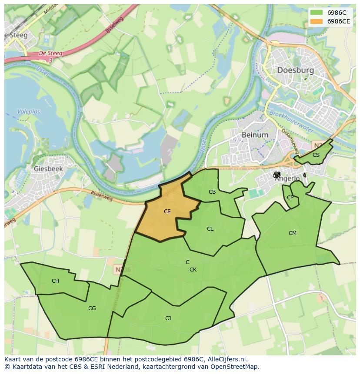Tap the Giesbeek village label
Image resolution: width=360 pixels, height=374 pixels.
pos(48,169)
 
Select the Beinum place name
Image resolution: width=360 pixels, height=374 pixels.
pos(255,135)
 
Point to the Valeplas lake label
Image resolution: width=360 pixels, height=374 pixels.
pos(29,112)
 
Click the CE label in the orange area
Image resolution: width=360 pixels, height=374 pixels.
pos(167,212)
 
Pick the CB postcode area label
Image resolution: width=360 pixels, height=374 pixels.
pos(212,192)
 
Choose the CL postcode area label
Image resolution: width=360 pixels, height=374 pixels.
pos(210,229)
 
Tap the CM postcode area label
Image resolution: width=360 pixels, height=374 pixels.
pos(293,233)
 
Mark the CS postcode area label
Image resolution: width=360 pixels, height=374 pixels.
pos(316,155)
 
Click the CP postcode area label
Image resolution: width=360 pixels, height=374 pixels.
pos(290,198)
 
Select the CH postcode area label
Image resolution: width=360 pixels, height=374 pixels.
pos(55,281)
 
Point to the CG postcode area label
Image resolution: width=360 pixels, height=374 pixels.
pos(92,308)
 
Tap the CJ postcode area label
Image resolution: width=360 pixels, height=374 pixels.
pos(168,318)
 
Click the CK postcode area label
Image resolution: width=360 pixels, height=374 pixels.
pos(193,270)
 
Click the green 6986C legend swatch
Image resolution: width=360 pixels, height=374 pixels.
pos(317,12)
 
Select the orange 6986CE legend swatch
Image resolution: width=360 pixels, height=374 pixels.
pos(317,21)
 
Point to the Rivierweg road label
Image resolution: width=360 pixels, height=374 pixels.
pos(102,196)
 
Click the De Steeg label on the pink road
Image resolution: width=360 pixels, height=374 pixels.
pos(50,53)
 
